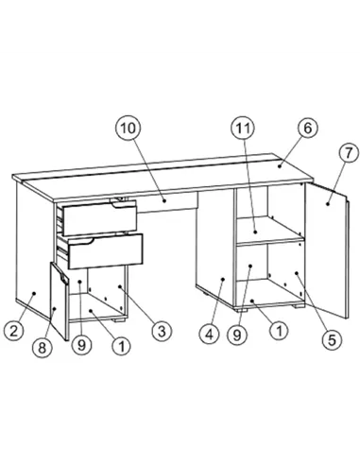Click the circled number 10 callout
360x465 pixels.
[128, 128]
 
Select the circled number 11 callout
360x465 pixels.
[243, 128]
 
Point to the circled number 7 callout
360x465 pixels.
[346, 150]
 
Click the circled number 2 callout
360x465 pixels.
[13, 330]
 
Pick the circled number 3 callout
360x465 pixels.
[162, 330]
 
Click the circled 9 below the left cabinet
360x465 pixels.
[82, 345]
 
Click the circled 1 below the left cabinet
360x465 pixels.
[121, 345]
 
